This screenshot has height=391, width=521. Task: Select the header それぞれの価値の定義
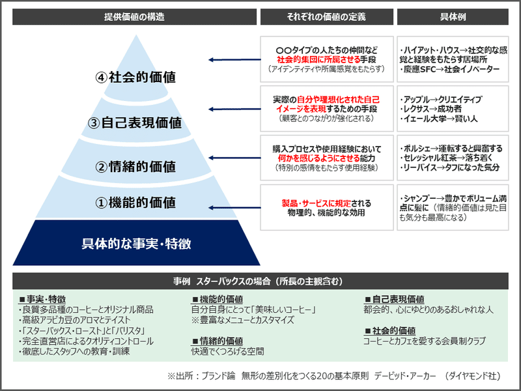coord(326,16)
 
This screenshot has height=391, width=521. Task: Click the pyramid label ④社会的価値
coord(135,76)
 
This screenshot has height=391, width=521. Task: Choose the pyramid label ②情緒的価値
coord(135,166)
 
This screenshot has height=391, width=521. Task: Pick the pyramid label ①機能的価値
coord(135,203)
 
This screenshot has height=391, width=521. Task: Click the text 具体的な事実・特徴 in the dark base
coord(135,244)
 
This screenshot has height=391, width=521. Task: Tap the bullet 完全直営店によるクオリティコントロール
coord(86,341)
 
